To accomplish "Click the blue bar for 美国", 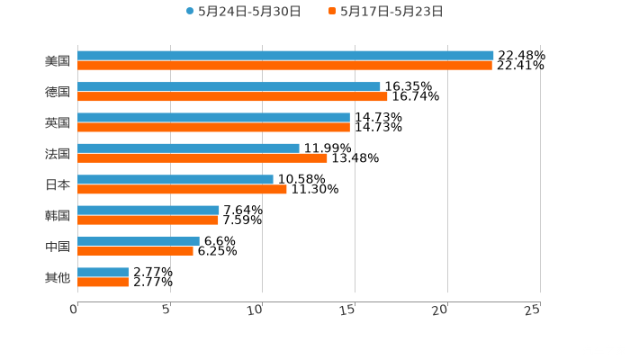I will (x=285, y=56).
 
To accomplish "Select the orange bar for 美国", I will (x=284, y=66).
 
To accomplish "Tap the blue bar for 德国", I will (x=229, y=86).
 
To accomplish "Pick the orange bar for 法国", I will (x=202, y=158).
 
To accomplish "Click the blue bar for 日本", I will (x=175, y=179).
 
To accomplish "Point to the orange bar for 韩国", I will (x=148, y=220).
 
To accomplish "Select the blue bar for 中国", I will (x=139, y=241).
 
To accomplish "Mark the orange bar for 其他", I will (x=103, y=283).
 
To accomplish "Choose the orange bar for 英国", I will (x=213, y=128).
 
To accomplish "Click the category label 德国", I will (x=57, y=92).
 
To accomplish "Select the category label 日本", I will (x=57, y=184).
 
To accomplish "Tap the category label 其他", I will (x=57, y=277).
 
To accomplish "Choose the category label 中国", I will (x=57, y=247).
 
